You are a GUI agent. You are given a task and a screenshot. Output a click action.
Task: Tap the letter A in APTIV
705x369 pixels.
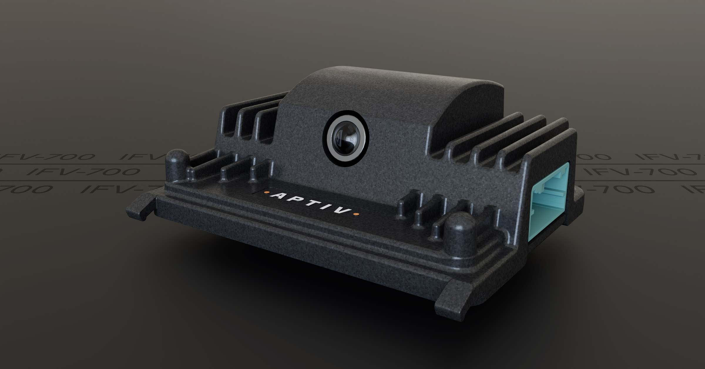coord(277,196)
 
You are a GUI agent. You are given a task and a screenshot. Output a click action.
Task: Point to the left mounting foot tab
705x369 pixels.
coord(141,206)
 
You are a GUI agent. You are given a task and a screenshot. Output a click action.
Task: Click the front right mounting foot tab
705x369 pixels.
coord(458,297)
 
